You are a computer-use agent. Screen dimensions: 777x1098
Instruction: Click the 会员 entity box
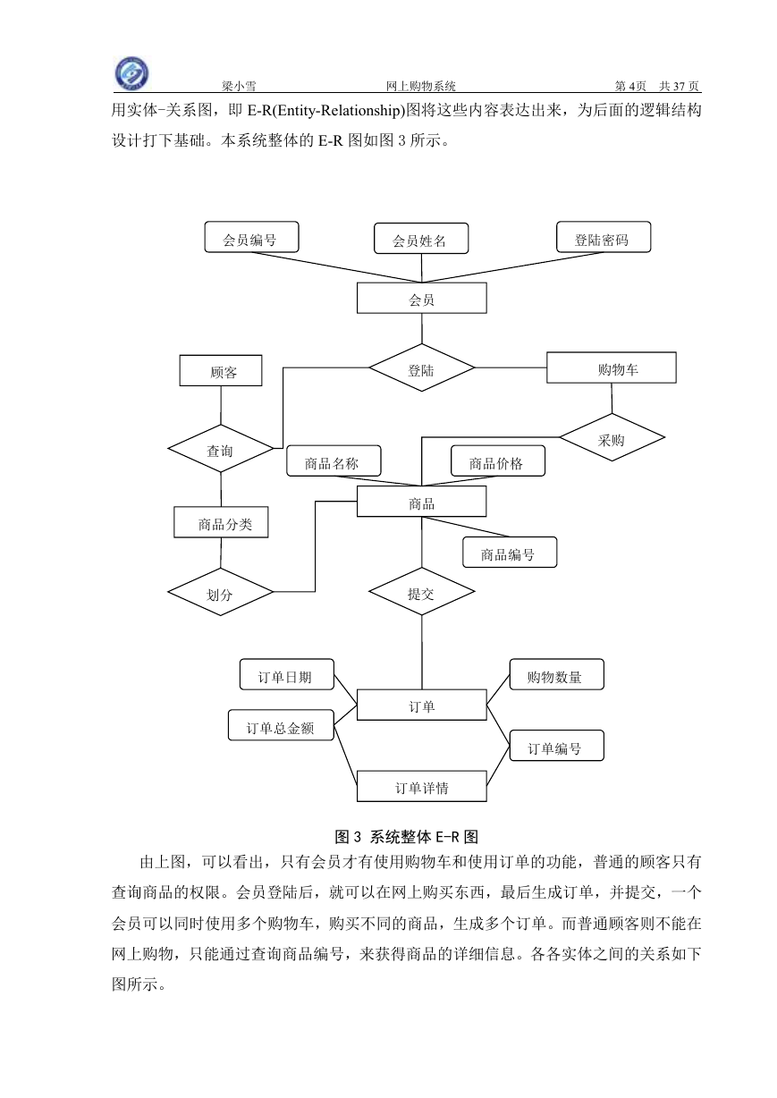[422, 298]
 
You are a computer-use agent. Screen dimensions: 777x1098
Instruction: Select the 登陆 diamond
[422, 367]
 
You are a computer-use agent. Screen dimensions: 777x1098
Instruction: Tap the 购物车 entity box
[612, 367]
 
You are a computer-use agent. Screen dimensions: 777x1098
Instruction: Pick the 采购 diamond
[612, 437]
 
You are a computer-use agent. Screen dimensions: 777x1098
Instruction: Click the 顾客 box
[221, 370]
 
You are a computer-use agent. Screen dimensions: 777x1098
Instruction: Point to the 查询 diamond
[221, 449]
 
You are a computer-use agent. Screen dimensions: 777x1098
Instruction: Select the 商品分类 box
[221, 522]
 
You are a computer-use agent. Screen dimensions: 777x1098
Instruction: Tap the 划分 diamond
[221, 592]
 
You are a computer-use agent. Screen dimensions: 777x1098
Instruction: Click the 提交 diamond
[422, 591]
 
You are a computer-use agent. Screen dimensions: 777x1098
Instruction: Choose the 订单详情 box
[422, 786]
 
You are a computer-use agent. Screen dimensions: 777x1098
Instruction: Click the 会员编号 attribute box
[251, 237]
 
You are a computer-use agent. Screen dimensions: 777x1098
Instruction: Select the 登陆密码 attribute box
[604, 237]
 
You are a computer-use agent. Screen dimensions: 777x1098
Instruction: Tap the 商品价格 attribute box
[497, 460]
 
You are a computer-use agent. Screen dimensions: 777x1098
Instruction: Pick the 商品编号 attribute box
[510, 553]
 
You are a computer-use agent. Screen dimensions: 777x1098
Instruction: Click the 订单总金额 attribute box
[281, 725]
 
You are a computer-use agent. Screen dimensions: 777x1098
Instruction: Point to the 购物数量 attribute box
[556, 674]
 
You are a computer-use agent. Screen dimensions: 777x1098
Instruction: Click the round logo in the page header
[131, 74]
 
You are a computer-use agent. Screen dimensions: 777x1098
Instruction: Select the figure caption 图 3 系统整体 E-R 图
[406, 837]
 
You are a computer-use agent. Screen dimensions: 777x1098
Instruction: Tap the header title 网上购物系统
[420, 86]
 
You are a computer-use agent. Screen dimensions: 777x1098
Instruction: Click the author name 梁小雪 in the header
[239, 86]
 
